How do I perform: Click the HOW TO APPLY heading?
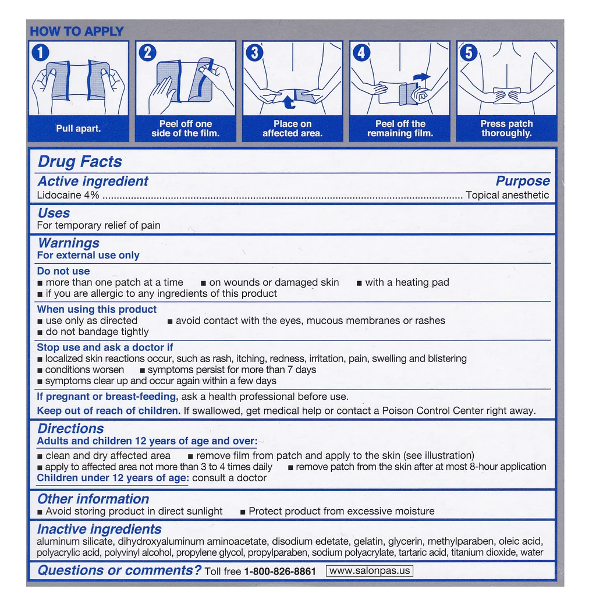coord(77,31)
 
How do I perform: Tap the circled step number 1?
coord(40,53)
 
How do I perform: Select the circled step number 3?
coord(254,53)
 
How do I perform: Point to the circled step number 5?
coord(469,53)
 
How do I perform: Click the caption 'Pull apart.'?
coord(78,129)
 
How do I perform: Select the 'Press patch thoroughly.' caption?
coord(506,129)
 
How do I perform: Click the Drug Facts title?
coord(80,162)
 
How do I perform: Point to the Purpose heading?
coord(522,181)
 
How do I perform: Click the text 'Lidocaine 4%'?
coord(68,196)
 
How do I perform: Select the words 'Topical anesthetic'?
coord(507,196)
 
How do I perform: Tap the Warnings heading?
coord(68,243)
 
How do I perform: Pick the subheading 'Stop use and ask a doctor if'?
coord(105,347)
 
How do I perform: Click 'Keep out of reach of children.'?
coord(108,411)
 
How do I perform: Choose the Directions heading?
coord(70,429)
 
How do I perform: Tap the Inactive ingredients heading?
coord(99,529)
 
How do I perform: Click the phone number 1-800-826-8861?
coord(279,572)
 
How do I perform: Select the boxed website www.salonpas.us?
coord(369,571)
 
